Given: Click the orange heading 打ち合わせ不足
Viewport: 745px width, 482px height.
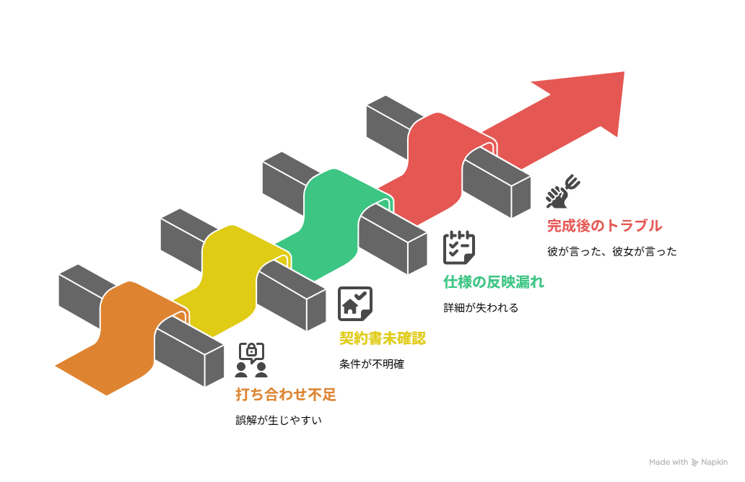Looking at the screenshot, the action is [286, 395].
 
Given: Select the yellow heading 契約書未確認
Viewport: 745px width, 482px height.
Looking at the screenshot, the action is [383, 338].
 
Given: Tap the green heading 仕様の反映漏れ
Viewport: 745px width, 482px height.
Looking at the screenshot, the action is [494, 282].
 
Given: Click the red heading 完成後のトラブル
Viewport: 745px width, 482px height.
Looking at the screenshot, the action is [604, 226].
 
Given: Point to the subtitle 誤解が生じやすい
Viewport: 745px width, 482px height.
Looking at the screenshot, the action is [279, 420].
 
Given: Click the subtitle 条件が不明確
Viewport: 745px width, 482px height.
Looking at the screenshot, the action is [372, 364].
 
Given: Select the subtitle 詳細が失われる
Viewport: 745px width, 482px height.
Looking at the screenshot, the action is [481, 307].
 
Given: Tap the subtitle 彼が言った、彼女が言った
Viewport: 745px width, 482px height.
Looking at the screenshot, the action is [612, 251].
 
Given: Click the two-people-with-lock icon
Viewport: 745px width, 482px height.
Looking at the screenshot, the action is [251, 360].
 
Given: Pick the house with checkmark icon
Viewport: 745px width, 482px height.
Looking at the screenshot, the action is [355, 304].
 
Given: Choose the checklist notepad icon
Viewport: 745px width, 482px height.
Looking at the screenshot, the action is [459, 247].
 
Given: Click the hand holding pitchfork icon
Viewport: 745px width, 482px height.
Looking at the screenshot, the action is [563, 191].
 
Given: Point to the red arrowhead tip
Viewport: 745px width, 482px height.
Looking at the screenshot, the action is [624, 72].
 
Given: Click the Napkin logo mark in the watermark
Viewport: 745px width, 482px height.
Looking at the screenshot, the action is [694, 462].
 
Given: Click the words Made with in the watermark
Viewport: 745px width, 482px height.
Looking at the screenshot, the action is [668, 462].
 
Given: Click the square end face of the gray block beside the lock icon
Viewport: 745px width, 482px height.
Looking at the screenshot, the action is [214, 366].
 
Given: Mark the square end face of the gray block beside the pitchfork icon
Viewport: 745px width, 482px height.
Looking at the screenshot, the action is [520, 198].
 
